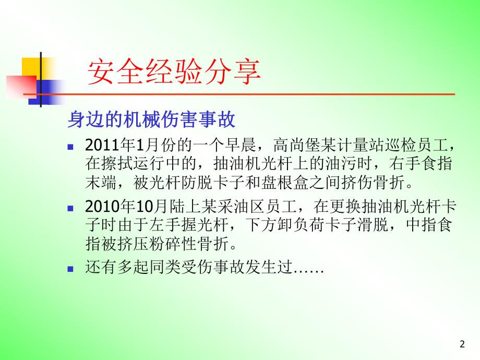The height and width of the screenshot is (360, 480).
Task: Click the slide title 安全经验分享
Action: tap(173, 72)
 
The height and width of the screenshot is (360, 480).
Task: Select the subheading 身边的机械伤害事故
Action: tap(151, 121)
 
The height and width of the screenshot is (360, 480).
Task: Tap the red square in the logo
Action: tap(20, 86)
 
